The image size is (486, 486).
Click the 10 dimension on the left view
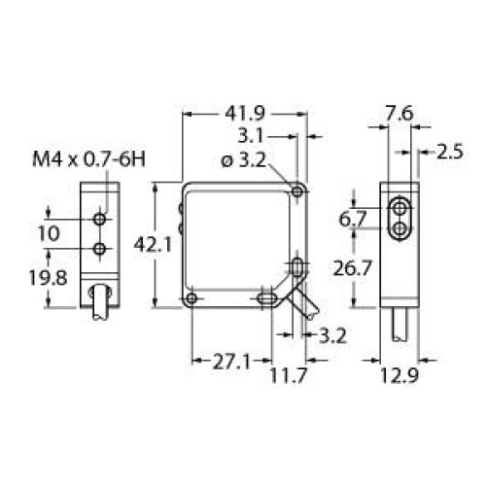coord(49,233)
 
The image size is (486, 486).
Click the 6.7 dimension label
coord(352,220)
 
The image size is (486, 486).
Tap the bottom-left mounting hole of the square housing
coord(194,297)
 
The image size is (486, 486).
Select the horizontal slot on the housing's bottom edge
coord(262,298)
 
